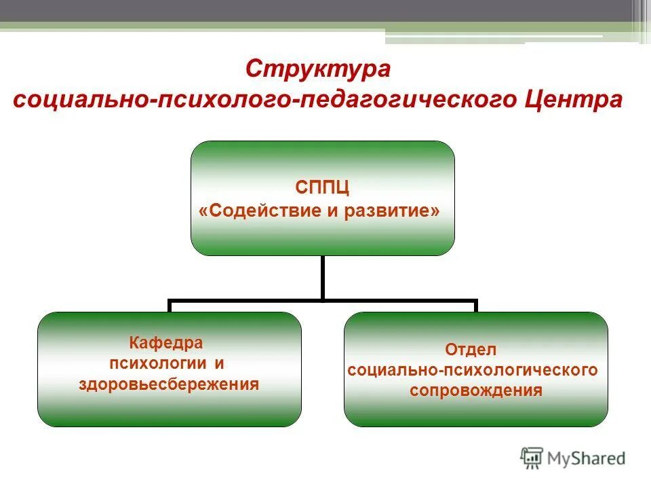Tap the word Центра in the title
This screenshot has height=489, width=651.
pos(574,100)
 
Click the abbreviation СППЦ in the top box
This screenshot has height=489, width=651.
pos(322,187)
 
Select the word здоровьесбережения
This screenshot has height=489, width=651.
pos(169,384)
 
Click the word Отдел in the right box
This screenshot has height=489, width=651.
pos(471,350)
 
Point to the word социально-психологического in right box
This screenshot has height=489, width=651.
pos(472,370)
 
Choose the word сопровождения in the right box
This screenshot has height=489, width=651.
pos(475,391)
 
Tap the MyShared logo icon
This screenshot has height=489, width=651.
pos(532,457)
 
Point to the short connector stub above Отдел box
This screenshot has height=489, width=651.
pos(475,306)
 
